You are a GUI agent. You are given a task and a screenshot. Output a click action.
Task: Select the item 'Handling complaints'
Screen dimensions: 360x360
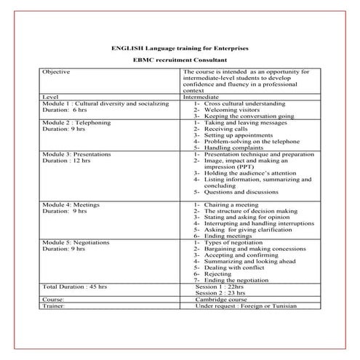click(231, 148)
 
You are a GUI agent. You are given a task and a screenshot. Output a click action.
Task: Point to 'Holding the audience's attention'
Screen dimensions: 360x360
click(245, 174)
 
